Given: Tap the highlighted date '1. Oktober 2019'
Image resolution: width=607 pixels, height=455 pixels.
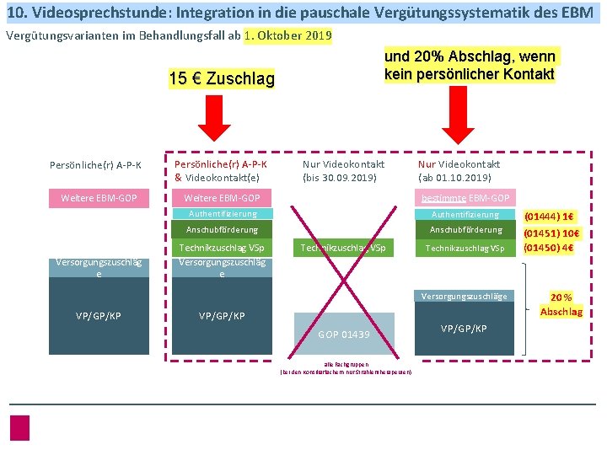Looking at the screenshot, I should [x=287, y=36].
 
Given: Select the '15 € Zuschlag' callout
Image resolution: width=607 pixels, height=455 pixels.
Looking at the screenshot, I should [x=222, y=79].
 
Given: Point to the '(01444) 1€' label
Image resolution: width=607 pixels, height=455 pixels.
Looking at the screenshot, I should [x=549, y=216].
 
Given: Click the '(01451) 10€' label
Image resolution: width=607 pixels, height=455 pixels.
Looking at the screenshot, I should [x=549, y=233].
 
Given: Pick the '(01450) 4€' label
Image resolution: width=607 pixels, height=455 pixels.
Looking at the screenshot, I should [x=549, y=248].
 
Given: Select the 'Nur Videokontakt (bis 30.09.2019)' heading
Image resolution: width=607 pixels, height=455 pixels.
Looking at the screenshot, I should [x=343, y=170].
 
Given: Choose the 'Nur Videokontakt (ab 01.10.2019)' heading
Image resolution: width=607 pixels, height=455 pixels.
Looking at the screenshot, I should [x=459, y=170].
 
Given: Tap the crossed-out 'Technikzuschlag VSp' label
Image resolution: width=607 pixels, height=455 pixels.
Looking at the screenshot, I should [x=343, y=248].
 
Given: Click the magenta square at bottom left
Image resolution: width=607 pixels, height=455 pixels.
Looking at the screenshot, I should [x=20, y=427].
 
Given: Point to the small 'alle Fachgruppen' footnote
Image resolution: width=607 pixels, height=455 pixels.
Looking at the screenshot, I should [x=345, y=365].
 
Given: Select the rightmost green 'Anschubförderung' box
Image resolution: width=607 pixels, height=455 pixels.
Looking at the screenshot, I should [x=466, y=230].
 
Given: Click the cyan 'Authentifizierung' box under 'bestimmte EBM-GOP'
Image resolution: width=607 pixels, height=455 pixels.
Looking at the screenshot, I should [x=466, y=215].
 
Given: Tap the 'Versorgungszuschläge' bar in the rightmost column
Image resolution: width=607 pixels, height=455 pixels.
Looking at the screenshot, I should [x=465, y=296].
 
